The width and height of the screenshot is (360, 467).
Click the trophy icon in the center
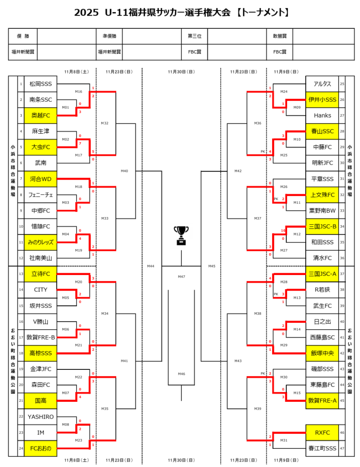[x=181, y=235]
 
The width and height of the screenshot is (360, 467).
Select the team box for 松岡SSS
[x=41, y=84]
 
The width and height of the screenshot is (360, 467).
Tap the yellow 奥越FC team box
[x=41, y=115]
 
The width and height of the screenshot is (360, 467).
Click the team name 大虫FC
[x=41, y=147]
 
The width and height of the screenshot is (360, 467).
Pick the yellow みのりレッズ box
[x=41, y=242]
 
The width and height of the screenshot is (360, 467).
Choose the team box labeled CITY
[x=41, y=290]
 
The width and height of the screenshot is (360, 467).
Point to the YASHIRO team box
[x=41, y=416]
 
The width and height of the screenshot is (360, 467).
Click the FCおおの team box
[x=41, y=448]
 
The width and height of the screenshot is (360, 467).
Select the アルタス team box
[x=322, y=84]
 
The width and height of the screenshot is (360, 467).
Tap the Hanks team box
[x=322, y=115]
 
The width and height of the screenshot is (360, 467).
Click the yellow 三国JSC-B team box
[x=322, y=226]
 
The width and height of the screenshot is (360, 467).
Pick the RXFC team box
[x=322, y=432]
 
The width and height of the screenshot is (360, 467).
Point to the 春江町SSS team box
[x=322, y=448]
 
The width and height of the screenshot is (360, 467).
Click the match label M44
[x=150, y=265]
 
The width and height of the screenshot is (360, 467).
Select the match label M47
[x=181, y=277]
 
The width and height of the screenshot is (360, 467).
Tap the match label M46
[x=181, y=374]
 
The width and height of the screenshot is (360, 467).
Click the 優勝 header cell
[x=23, y=36]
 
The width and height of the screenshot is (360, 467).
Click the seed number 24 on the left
[x=21, y=448]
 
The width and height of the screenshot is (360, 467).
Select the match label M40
[x=124, y=171]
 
